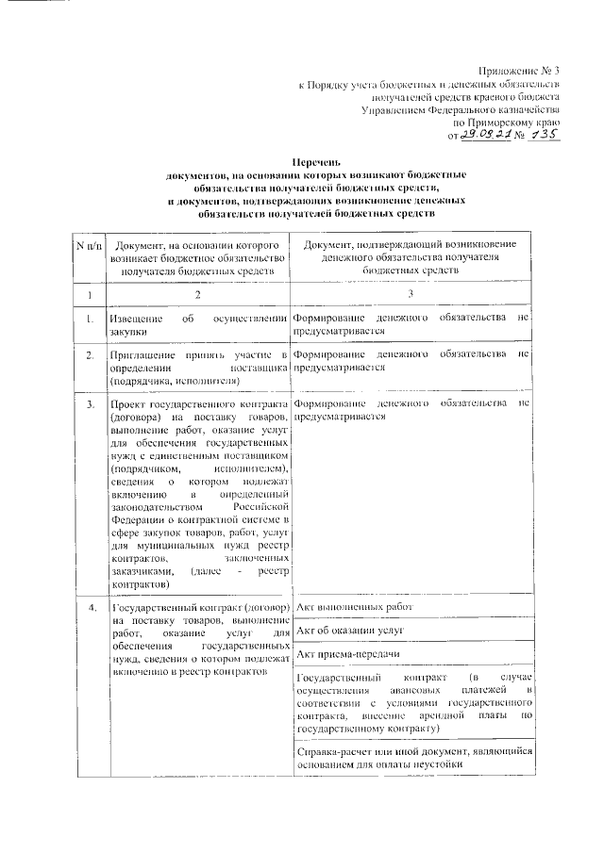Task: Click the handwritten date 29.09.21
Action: (x=488, y=135)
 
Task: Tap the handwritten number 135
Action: (x=541, y=134)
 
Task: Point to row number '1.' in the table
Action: (x=89, y=320)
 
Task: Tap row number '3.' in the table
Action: (x=89, y=404)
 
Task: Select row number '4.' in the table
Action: (x=89, y=606)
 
